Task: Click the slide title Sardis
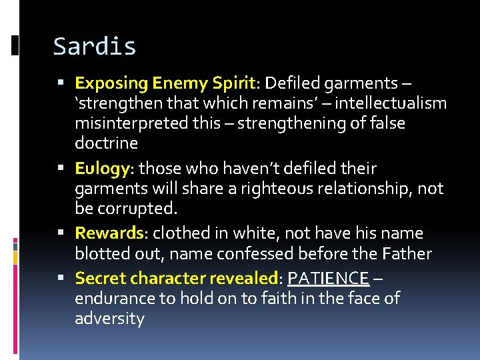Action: pos(95,47)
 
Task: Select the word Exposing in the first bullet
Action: pos(111,83)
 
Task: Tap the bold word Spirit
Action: pos(233,83)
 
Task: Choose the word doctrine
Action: pos(107,143)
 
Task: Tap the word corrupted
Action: pos(138,209)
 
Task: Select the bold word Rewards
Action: pos(109,233)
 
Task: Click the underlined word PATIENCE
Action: pos(328,278)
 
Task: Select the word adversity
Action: pos(109,318)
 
